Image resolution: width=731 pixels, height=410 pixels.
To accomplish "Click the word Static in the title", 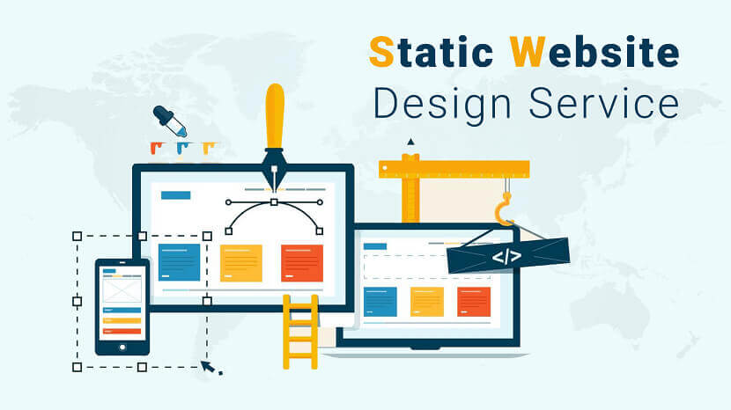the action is [x=432, y=51].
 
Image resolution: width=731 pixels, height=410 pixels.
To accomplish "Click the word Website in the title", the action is [x=594, y=51].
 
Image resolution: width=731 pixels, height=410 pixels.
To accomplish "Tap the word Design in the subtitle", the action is [x=442, y=106].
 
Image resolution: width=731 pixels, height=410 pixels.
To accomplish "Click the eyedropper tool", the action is [x=170, y=121].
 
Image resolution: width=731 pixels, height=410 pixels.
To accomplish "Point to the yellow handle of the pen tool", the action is [x=275, y=116].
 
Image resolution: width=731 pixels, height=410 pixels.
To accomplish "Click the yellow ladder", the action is [x=300, y=332].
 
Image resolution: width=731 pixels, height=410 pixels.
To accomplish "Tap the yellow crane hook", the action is [x=504, y=209].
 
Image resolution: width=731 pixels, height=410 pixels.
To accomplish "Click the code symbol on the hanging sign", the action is [x=506, y=257].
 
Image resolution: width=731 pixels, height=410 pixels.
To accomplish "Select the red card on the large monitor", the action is [x=301, y=263].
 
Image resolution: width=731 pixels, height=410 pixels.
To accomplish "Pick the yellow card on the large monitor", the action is [x=241, y=263].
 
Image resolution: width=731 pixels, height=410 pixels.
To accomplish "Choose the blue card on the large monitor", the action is [x=179, y=263].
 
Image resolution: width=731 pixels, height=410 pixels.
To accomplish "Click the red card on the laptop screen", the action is [x=474, y=302].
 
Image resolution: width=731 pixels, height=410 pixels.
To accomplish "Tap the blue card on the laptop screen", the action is [x=380, y=302].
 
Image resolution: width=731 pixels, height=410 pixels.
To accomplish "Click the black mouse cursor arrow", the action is [x=209, y=367].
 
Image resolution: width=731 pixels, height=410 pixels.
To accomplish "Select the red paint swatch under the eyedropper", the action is [x=155, y=148].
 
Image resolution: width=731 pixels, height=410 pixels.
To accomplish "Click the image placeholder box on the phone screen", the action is [x=122, y=290].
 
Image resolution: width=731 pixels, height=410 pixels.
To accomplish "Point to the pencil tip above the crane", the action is [x=410, y=142].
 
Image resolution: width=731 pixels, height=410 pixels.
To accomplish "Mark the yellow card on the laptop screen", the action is [x=427, y=302].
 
